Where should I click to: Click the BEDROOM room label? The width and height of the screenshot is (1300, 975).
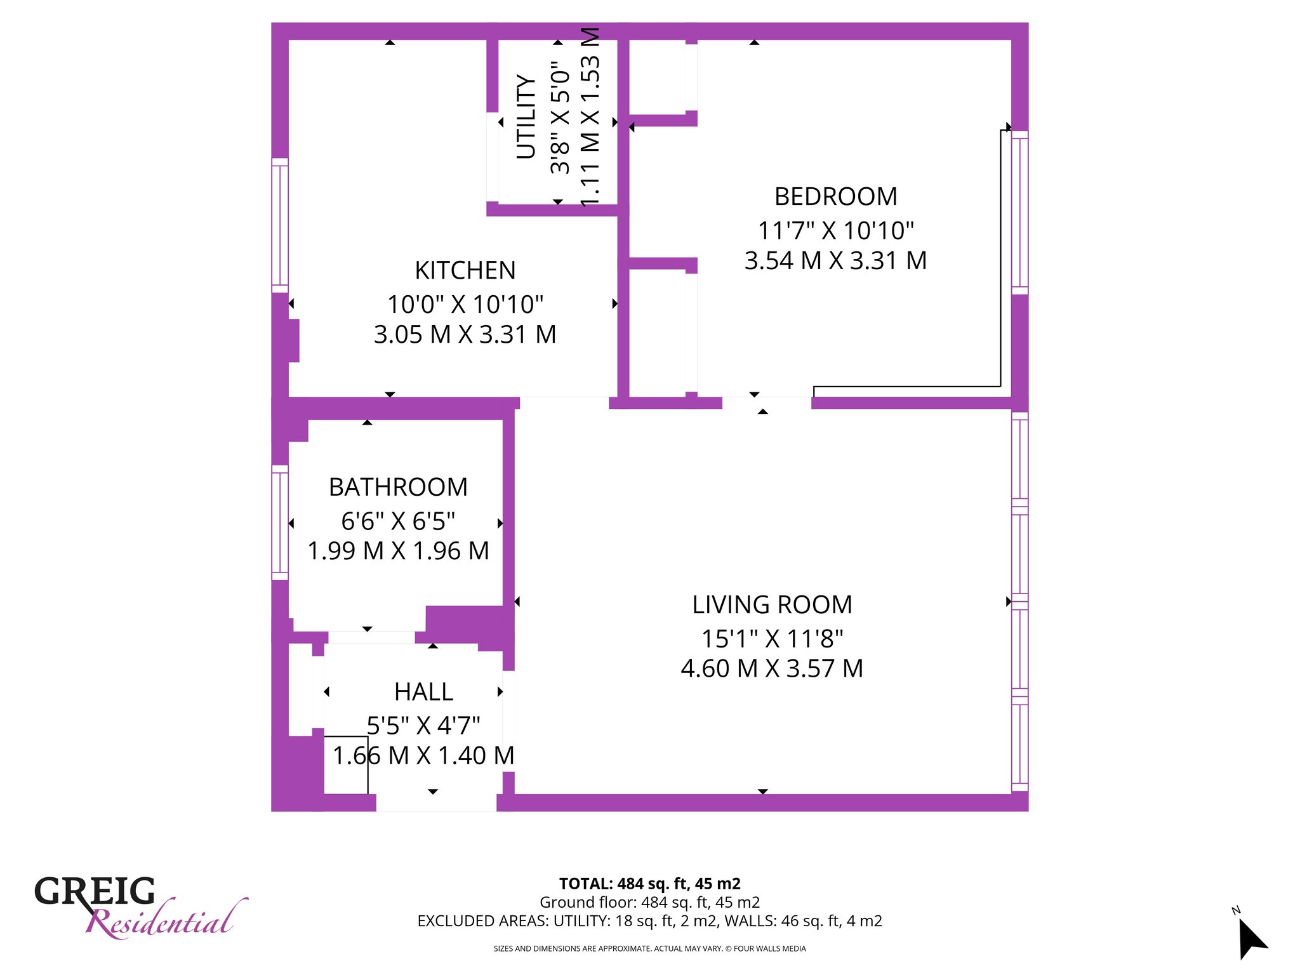pos(835,197)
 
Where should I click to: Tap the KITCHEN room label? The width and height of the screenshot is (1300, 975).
pos(465,270)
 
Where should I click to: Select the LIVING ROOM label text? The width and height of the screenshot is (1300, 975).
pos(772,605)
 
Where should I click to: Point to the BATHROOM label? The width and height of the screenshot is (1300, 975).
pos(398,487)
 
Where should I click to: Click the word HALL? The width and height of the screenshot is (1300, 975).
pos(423,692)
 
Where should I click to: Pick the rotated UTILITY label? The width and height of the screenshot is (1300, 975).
pos(527,116)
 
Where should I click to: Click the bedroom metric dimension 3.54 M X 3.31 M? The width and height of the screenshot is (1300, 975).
pos(835,261)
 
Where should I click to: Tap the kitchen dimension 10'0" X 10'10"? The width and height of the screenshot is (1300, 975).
pos(465,305)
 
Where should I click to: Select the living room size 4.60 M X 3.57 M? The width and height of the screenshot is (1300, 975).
pos(772,669)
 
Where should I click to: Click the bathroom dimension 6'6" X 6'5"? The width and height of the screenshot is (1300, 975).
pos(398,521)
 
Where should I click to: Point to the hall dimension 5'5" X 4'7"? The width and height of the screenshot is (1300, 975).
pos(423,725)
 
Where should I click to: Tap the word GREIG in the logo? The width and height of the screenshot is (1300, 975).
pos(95,891)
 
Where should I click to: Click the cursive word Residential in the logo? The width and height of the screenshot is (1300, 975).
pos(166,919)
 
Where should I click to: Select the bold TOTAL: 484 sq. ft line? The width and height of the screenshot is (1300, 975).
pos(649,884)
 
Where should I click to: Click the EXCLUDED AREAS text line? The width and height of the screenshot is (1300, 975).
pos(649,921)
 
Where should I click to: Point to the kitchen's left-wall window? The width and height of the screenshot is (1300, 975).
pos(280,225)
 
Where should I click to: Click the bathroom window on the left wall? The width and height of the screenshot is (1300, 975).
pos(280,522)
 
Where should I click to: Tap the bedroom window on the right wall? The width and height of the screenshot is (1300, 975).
pos(1019,213)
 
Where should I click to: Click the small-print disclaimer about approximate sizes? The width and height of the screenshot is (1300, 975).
pos(649,949)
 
